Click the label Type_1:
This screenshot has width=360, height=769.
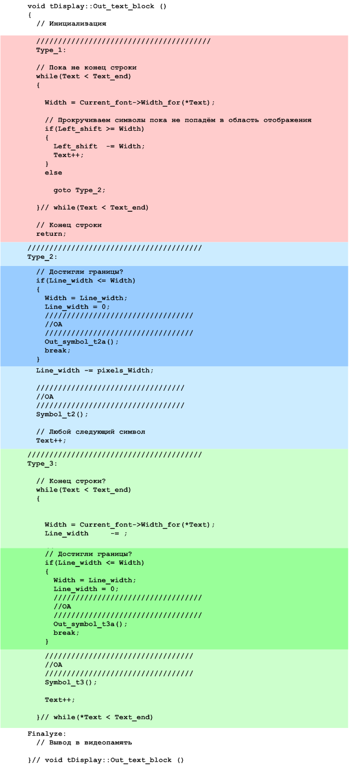click(51, 50)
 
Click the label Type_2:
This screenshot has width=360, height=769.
click(42, 257)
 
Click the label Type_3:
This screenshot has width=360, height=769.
click(42, 464)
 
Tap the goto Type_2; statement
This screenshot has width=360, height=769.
click(79, 190)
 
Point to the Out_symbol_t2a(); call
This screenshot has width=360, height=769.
click(82, 342)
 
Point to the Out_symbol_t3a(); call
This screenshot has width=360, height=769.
click(90, 624)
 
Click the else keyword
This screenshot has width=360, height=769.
click(53, 173)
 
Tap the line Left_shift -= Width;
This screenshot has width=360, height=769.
click(99, 147)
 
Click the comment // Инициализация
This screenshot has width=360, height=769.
click(71, 24)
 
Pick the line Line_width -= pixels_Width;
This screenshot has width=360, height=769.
click(95, 371)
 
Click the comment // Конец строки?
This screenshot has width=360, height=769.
click(71, 481)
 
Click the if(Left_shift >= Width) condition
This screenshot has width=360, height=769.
click(95, 129)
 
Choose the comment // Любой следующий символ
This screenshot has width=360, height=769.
click(90, 432)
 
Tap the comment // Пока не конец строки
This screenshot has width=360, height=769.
click(86, 68)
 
